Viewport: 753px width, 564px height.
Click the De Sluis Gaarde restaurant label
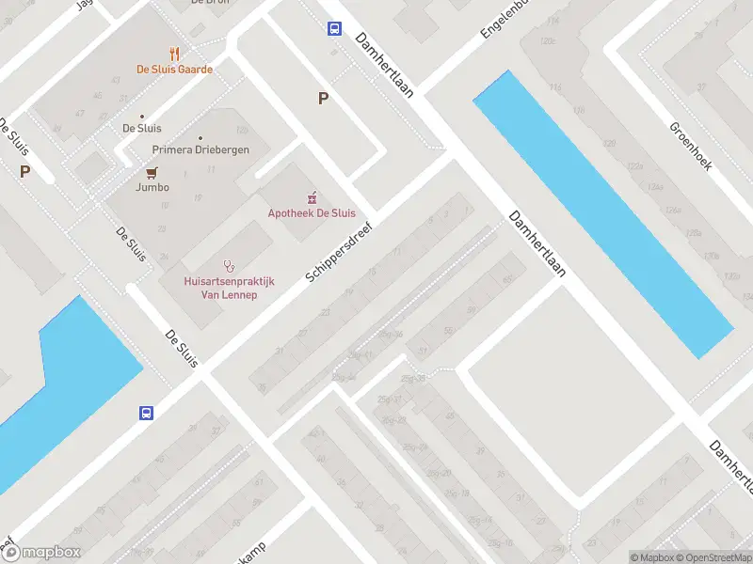[174, 69]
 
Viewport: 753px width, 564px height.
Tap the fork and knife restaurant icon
[174, 53]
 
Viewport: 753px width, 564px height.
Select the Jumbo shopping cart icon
[152, 172]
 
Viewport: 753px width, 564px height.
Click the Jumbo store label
[152, 187]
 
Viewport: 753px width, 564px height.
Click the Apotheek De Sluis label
[312, 213]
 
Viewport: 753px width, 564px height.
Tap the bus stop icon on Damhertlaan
[334, 28]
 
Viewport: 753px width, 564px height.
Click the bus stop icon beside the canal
[147, 413]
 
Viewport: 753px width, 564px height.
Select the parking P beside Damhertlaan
[323, 98]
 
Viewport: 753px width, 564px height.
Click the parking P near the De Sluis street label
[24, 172]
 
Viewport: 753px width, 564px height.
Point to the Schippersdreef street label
[340, 252]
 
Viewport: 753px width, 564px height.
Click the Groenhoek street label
[690, 146]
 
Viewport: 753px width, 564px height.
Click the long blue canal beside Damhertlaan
[602, 214]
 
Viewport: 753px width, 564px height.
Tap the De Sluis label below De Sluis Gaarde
[141, 128]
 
